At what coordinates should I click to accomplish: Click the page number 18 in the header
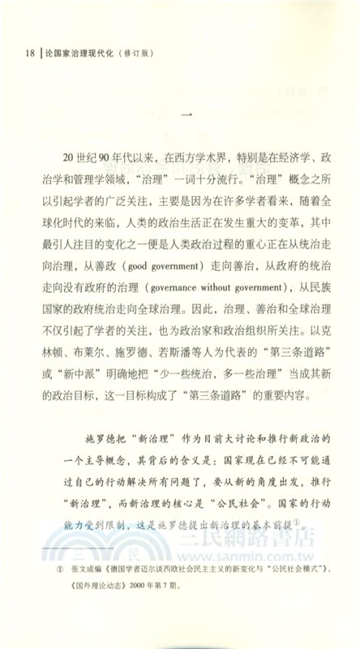click(27, 54)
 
